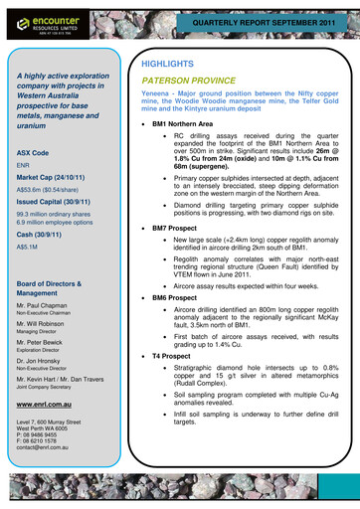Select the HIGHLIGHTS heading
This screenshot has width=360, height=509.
(168, 64)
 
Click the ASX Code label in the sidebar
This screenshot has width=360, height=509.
(35, 153)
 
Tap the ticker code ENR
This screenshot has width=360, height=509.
(25, 166)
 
